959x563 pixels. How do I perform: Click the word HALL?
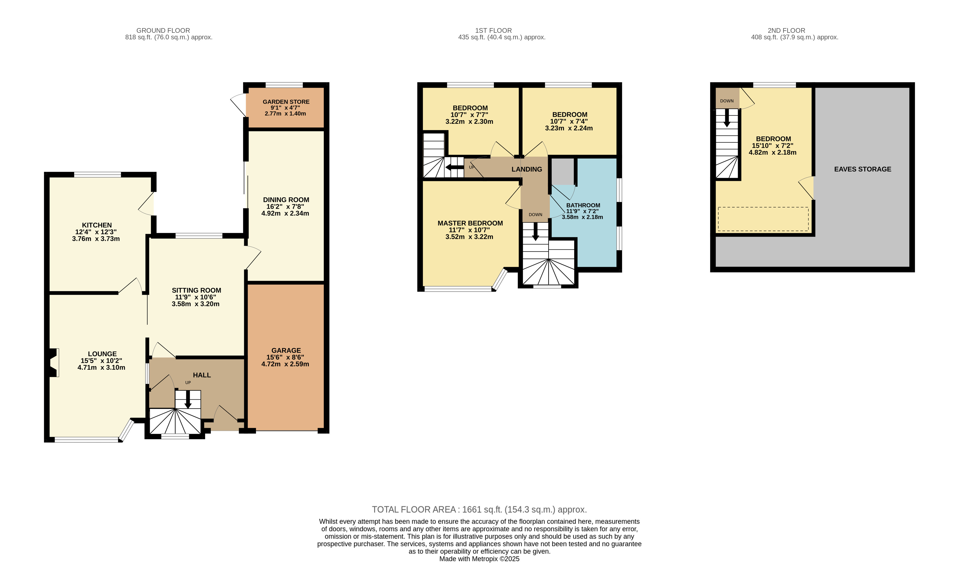(x=202, y=375)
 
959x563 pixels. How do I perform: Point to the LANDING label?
(x=527, y=169)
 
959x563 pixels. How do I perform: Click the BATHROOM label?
(x=583, y=205)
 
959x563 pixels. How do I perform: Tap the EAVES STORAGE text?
(x=862, y=169)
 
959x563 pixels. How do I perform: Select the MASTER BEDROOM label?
(x=470, y=223)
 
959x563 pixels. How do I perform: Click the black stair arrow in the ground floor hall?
(x=188, y=400)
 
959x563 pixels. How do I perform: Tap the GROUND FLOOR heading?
(x=163, y=30)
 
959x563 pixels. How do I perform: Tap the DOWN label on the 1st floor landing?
(x=535, y=215)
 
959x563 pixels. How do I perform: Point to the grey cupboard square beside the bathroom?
(x=562, y=172)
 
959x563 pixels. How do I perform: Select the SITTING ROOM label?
(x=196, y=290)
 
